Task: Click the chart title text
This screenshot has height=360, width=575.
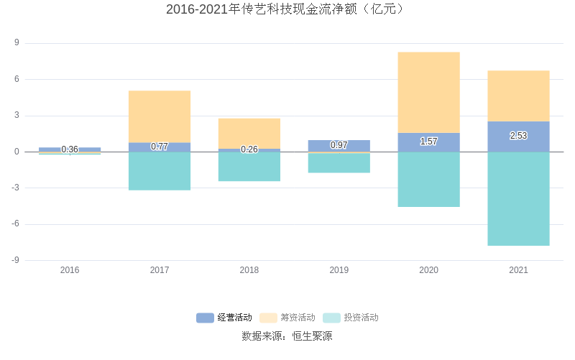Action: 287,9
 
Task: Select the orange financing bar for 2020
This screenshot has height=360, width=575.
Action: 428,92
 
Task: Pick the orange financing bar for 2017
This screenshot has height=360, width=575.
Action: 160,116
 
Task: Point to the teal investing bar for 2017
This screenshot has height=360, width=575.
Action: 160,171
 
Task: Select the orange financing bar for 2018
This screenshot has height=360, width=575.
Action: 249,134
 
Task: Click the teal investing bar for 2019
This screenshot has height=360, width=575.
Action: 339,163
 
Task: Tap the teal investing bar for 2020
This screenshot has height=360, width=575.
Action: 428,180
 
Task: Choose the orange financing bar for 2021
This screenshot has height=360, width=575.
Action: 518,96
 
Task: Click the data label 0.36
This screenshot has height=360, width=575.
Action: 70,149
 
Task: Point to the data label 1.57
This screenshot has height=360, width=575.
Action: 428,142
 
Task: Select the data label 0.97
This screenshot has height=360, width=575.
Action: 339,145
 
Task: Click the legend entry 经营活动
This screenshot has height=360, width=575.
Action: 224,318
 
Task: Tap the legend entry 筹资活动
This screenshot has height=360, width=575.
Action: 287,318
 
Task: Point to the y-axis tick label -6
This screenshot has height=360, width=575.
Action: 17,224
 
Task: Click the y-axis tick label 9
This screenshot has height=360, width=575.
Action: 17,43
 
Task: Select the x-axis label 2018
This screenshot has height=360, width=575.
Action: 249,270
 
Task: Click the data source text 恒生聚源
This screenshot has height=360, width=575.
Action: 312,336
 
